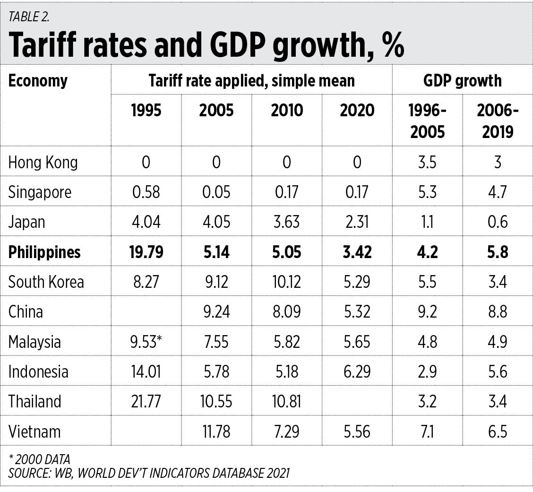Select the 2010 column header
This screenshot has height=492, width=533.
click(x=287, y=110)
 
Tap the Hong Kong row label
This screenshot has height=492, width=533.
click(x=43, y=162)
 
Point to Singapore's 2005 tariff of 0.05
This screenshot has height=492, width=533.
click(x=216, y=192)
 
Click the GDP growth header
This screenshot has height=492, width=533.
click(x=462, y=80)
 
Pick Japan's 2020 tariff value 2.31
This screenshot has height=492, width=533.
click(x=357, y=222)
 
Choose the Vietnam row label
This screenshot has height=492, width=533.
click(x=34, y=432)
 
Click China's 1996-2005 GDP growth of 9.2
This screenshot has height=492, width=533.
click(x=427, y=312)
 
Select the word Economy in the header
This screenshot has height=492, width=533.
click(x=38, y=80)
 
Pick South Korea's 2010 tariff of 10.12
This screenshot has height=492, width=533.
click(x=287, y=282)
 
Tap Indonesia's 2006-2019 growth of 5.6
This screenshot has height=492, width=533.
click(x=498, y=372)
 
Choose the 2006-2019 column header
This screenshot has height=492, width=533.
click(x=498, y=121)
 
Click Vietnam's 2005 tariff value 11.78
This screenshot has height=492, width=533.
click(x=216, y=432)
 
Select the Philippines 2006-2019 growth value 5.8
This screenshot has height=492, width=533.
click(x=498, y=252)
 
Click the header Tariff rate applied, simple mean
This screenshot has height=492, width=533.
click(x=251, y=80)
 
